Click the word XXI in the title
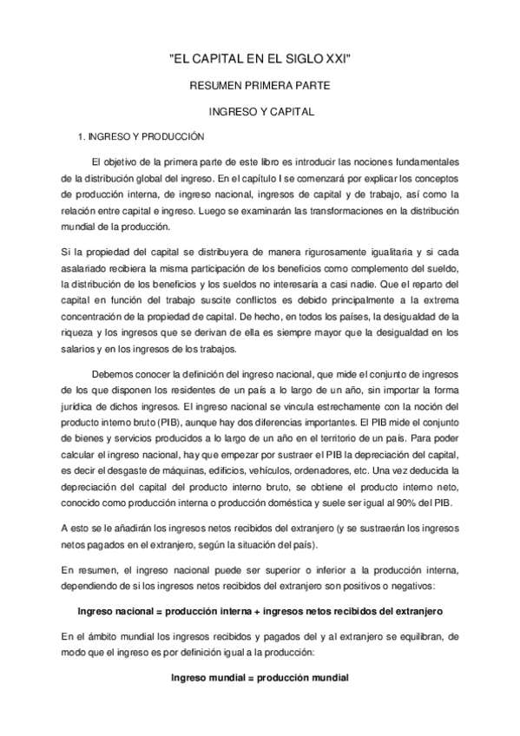tap(338, 58)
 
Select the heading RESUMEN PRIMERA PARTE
tap(260, 86)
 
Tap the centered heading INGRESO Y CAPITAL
tap(260, 112)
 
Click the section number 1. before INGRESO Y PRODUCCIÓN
tap(82, 136)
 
